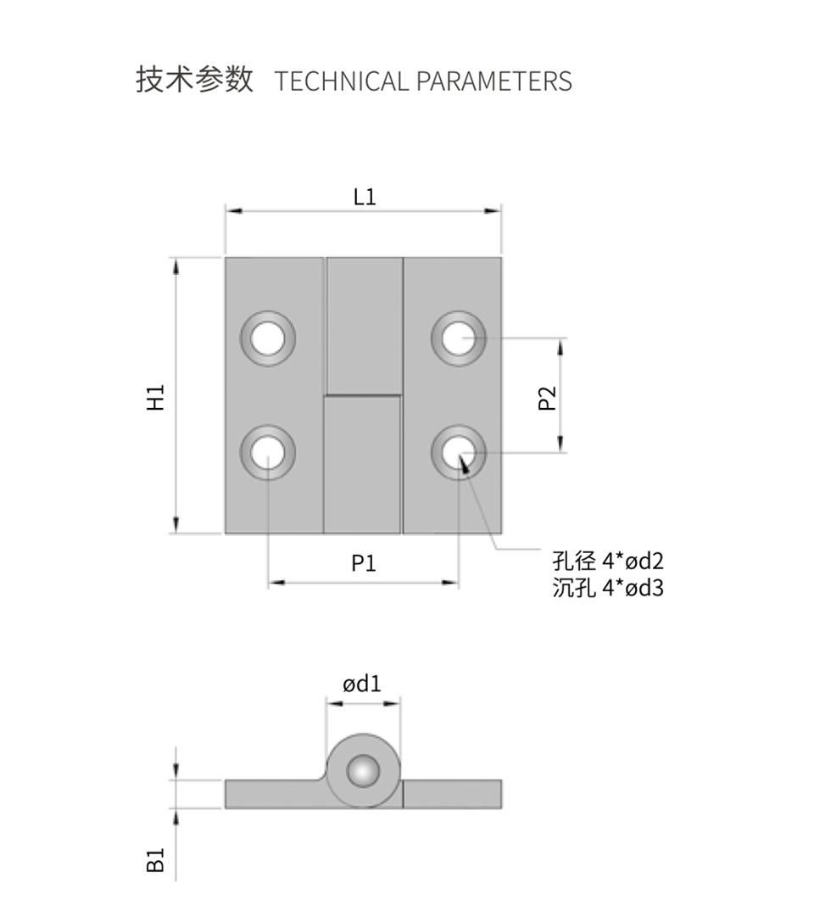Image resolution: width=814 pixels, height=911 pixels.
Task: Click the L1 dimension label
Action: point(365,197)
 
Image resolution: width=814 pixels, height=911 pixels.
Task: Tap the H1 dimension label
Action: point(156,398)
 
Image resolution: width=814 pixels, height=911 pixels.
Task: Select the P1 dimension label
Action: point(364,563)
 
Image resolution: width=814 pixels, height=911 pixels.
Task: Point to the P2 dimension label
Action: point(547,398)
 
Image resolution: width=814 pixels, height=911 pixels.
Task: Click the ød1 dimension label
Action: point(362,684)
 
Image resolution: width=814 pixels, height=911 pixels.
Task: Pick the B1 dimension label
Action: point(156,860)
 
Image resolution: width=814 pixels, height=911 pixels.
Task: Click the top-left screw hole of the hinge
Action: point(268,338)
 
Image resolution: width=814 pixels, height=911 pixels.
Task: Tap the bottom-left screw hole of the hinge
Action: point(268,453)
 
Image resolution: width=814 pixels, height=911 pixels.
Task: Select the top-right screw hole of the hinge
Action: point(459,338)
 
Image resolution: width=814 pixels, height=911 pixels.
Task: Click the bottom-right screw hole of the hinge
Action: point(459,453)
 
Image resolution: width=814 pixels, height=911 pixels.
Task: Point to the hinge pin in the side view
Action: point(363,771)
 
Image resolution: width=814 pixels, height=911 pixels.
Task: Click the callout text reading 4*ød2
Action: point(633,562)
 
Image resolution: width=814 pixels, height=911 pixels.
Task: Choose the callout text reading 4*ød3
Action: point(633,588)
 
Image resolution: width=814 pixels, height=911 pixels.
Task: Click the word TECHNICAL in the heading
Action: point(342,81)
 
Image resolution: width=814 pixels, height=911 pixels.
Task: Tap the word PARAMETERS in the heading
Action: point(494,81)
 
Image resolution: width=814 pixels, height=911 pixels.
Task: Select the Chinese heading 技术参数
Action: point(194,79)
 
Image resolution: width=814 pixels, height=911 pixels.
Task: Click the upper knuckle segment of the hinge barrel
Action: point(364,327)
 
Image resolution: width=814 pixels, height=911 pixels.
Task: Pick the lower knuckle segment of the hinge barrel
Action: point(362,465)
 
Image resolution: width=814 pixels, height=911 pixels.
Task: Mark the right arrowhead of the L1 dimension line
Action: point(493,210)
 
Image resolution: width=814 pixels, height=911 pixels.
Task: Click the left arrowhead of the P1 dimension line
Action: point(276,582)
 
